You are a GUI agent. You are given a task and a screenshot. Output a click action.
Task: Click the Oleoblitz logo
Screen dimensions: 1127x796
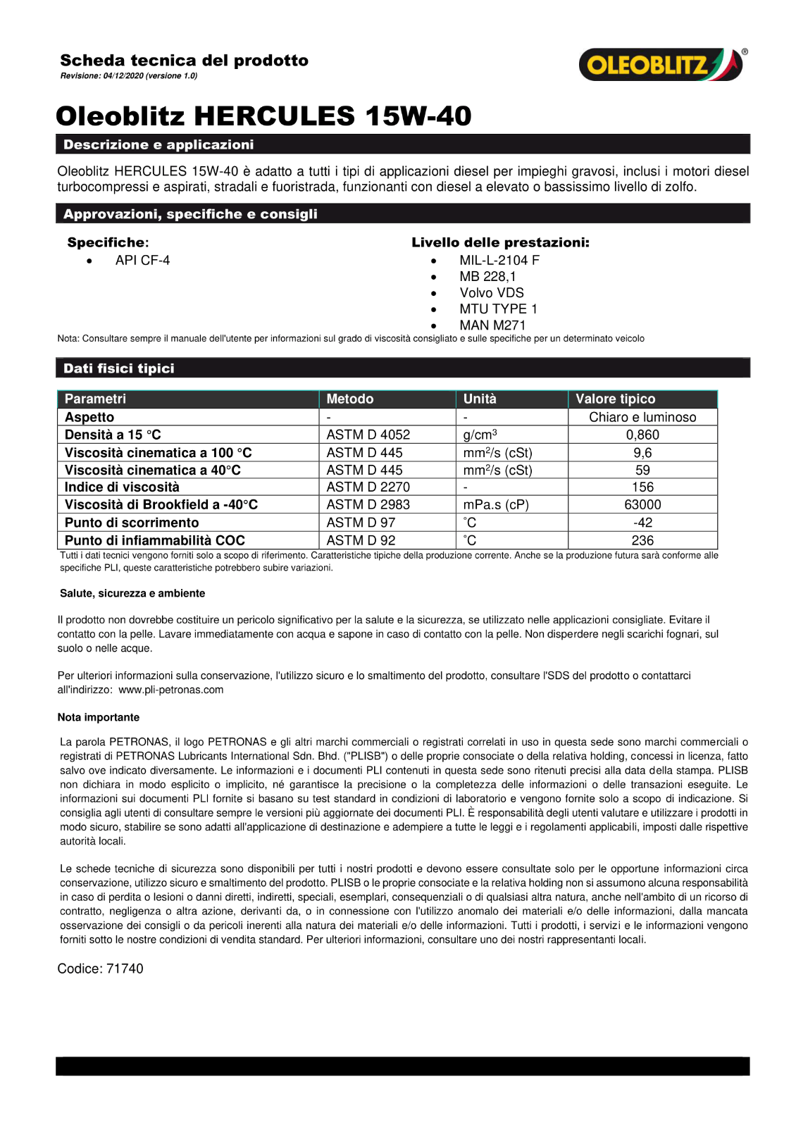tap(661, 65)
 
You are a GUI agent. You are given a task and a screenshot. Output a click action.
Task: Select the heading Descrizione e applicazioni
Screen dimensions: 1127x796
tap(158, 144)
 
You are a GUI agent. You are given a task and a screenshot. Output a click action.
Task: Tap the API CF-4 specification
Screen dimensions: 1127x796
tap(142, 261)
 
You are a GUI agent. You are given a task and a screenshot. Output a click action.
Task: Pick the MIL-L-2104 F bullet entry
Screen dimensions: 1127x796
tap(499, 261)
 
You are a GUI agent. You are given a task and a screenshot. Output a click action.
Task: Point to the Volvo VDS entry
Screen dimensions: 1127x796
tap(492, 293)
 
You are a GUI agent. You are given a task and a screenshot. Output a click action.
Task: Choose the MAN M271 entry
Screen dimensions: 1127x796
tap(492, 325)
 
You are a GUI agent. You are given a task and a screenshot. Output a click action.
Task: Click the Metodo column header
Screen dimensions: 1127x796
tap(350, 399)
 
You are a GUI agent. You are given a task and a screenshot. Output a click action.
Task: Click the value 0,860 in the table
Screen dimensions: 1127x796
tap(642, 435)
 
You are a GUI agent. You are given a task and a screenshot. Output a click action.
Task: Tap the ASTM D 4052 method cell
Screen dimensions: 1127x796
tap(368, 435)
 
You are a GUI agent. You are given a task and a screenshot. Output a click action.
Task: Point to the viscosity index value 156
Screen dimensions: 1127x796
tap(642, 487)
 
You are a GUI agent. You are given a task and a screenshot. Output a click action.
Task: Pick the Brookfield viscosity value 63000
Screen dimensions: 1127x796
tap(642, 505)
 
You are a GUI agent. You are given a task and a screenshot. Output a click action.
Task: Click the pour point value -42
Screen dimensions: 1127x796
tap(642, 523)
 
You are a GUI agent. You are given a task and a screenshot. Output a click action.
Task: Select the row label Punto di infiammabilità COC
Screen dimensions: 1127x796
tap(155, 540)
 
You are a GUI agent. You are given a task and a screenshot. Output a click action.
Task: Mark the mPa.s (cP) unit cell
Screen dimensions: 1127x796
tap(496, 505)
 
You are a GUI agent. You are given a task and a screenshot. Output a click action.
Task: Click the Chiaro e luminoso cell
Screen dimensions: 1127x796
tap(642, 417)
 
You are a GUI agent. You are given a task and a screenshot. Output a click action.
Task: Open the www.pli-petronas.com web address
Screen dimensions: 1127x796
tap(171, 690)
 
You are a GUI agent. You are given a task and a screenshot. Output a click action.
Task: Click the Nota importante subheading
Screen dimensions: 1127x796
tap(99, 717)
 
